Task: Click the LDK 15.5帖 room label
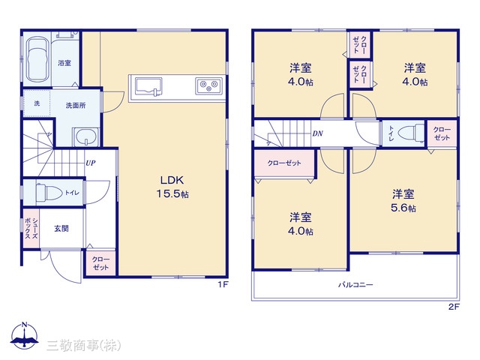point(172,187)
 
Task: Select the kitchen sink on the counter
point(148,86)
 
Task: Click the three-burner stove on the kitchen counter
point(208,85)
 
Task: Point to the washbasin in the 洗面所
point(86,136)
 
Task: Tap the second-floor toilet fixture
point(410,133)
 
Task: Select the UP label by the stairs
point(90,163)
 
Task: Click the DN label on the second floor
point(317,133)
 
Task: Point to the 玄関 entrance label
point(61,228)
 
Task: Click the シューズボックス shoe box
point(31,228)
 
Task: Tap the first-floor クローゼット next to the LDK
point(100,263)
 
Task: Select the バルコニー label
point(355,285)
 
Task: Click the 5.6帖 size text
point(403,208)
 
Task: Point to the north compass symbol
point(24,335)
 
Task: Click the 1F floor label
point(223,284)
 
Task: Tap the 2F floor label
point(454,307)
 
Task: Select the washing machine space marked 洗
point(37,103)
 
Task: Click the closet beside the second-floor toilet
point(442,134)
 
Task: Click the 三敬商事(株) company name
point(83,345)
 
